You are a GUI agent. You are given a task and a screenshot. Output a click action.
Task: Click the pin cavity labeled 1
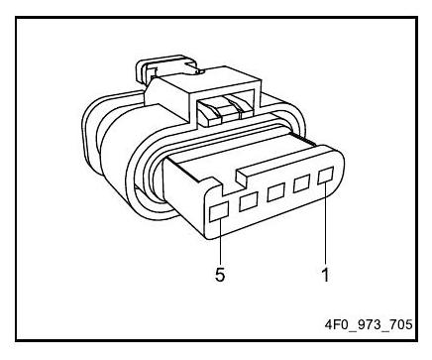326,176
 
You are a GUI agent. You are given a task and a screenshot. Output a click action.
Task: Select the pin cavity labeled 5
219,211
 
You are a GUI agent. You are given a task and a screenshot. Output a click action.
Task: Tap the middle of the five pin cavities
275,192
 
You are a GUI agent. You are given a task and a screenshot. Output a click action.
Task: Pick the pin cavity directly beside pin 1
301,183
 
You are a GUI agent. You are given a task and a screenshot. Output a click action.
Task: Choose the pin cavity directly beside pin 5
249,201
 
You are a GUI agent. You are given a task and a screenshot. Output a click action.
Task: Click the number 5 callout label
220,275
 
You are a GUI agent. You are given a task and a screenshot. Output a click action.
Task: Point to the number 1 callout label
325,275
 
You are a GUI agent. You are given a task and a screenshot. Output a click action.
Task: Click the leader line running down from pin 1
326,222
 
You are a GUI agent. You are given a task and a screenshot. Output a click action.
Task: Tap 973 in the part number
369,324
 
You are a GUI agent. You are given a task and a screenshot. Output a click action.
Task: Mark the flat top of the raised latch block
206,79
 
